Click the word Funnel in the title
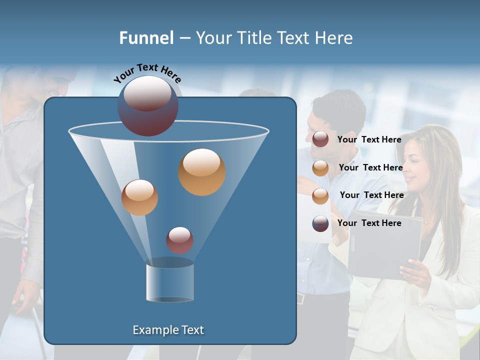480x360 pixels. point(146,38)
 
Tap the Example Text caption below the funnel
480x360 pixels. point(168,330)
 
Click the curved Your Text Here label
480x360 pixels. point(147,73)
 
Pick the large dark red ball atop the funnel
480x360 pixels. point(148,106)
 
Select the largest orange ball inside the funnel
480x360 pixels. point(202,171)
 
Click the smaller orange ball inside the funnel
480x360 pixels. point(139,197)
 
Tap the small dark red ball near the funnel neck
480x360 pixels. point(179,240)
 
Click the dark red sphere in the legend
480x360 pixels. point(320,139)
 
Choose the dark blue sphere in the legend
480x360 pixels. point(320,223)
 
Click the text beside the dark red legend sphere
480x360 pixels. point(369,139)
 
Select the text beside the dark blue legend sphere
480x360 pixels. point(369,223)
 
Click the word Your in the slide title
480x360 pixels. point(215,38)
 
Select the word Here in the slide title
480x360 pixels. point(334,38)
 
